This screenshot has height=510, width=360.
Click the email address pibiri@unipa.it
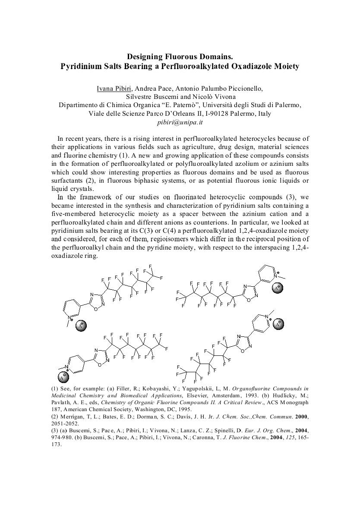pos(180,122)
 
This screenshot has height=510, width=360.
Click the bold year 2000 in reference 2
pos(301,417)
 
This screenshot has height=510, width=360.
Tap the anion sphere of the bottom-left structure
pos(63,377)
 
